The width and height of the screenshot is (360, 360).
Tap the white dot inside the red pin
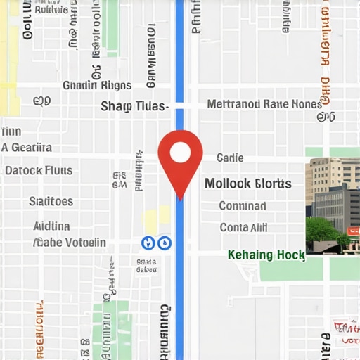click(180, 151)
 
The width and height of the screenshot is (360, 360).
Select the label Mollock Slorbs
click(247, 184)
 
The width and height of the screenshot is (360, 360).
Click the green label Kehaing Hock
click(266, 255)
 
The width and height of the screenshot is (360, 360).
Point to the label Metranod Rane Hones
click(264, 104)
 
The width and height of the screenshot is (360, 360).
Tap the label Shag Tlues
click(134, 106)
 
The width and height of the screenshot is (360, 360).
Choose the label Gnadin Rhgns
click(97, 86)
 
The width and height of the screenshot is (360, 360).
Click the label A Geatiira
click(27, 148)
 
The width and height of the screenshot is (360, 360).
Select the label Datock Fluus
click(39, 171)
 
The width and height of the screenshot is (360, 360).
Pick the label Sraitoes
click(51, 202)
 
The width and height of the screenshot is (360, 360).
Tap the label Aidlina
click(51, 226)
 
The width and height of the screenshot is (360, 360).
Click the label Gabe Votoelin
click(70, 243)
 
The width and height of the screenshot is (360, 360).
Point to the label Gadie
click(230, 158)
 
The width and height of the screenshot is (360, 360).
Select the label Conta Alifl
click(243, 228)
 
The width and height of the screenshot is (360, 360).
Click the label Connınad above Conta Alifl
click(243, 207)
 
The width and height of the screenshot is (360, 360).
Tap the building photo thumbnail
click(333, 206)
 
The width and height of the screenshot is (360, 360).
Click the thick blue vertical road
click(179, 295)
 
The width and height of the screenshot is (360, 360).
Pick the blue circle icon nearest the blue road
click(165, 243)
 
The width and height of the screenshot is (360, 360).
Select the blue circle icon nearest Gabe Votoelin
click(148, 243)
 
